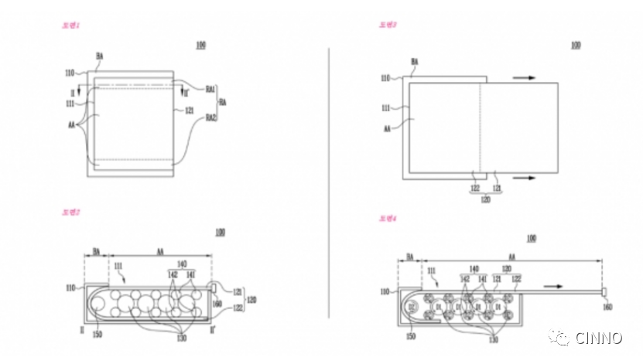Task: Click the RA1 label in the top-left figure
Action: pos(210,90)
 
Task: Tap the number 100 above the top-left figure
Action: pos(200,46)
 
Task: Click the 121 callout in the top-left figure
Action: pos(190,111)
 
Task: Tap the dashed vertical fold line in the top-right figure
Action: pos(481,127)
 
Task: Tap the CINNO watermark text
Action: pos(600,338)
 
